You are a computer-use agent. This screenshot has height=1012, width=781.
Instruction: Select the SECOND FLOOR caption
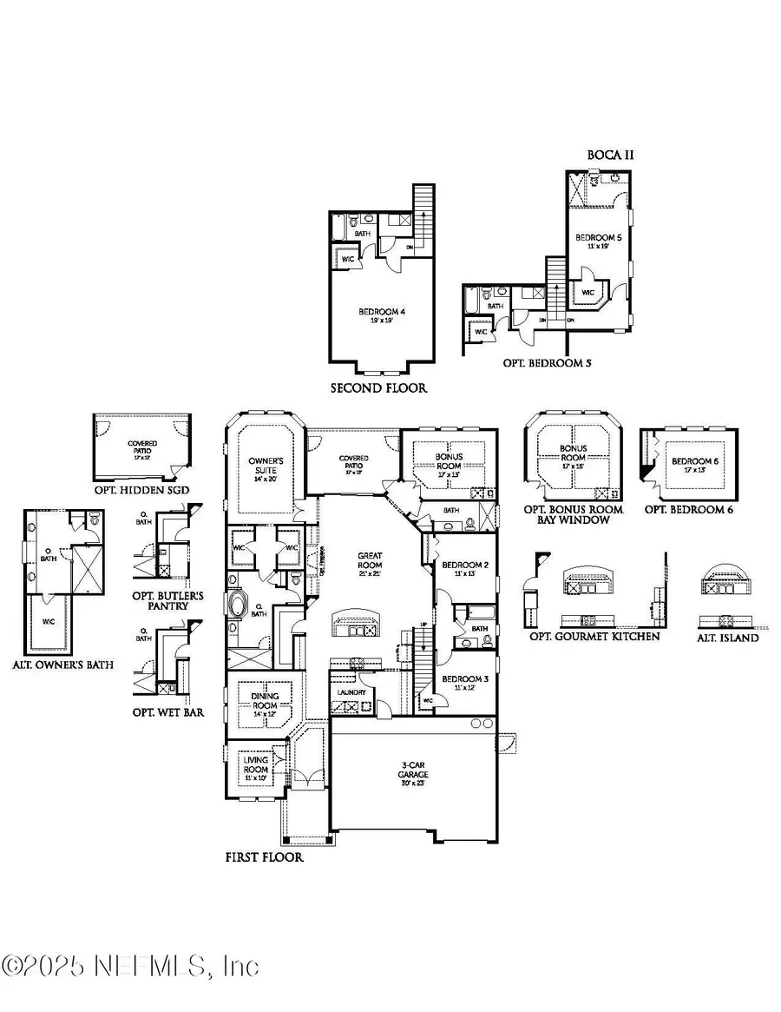click(378, 387)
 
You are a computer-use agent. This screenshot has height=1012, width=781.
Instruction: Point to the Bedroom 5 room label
click(598, 241)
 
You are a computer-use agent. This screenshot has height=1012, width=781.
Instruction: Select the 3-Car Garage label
click(414, 771)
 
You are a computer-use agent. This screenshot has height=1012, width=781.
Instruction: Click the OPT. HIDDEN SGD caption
click(141, 490)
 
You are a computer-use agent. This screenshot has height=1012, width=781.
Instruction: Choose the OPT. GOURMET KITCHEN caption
click(594, 637)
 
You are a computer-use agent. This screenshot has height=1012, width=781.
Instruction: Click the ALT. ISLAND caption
click(730, 637)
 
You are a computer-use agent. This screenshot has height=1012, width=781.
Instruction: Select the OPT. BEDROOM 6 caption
click(690, 509)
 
